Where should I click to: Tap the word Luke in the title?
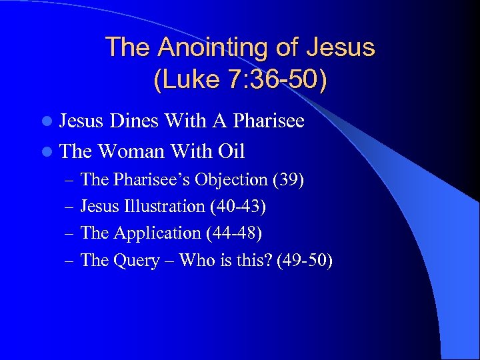(190, 80)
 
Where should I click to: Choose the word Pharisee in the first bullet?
(265, 121)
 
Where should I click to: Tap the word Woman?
(133, 151)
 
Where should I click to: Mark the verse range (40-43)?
(238, 207)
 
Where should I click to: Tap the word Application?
(157, 233)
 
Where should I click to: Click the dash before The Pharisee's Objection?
(71, 181)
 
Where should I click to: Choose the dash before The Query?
(71, 261)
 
